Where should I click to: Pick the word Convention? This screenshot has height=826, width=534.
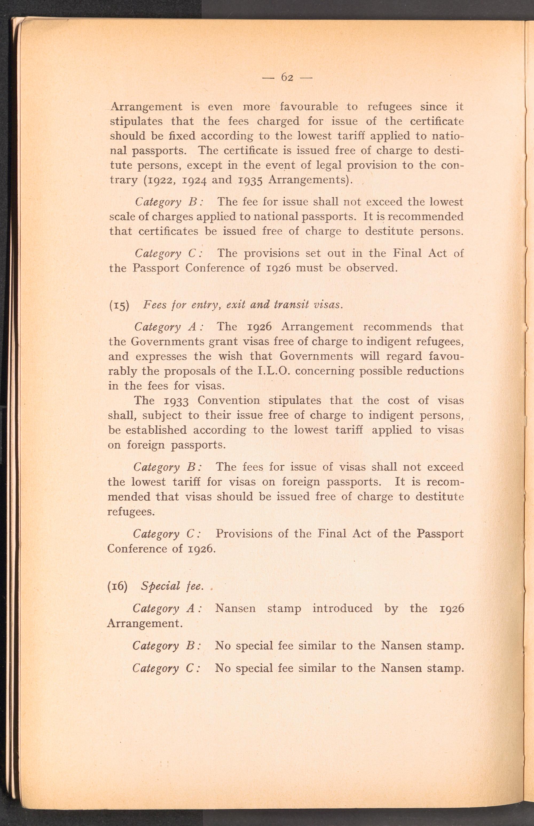point(229,401)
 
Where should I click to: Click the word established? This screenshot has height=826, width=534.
point(155,430)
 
